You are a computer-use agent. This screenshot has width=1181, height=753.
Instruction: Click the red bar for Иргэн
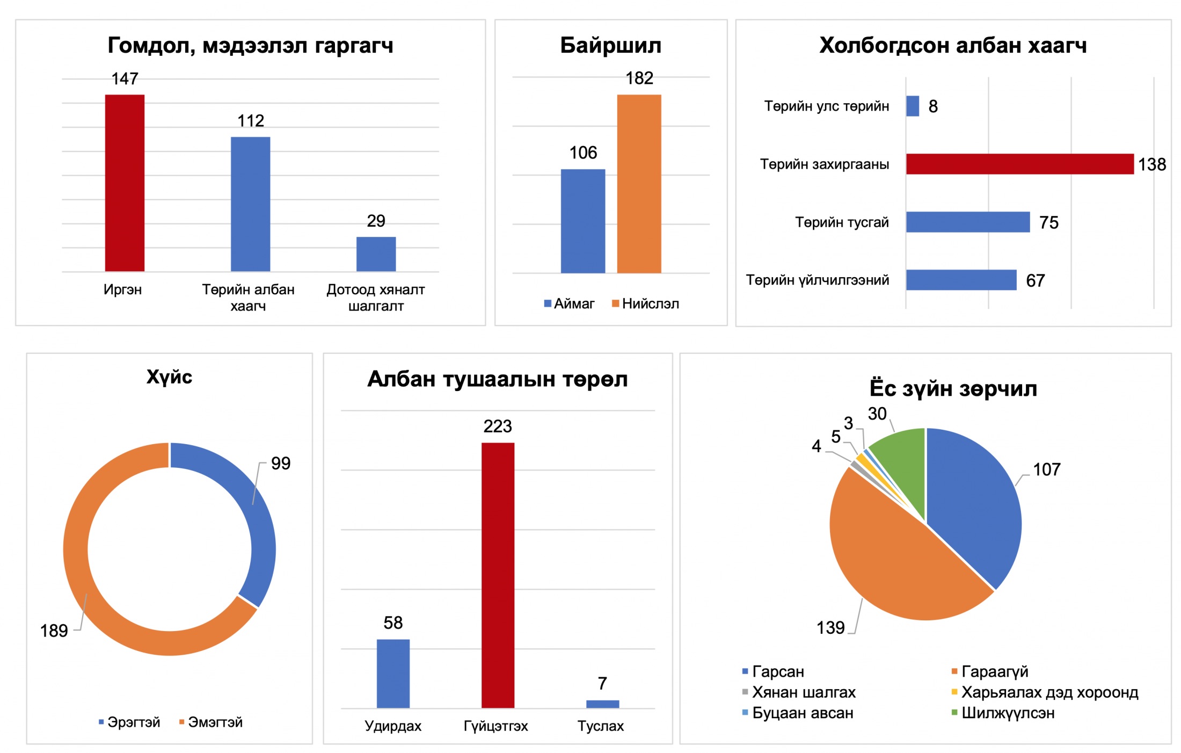point(125,183)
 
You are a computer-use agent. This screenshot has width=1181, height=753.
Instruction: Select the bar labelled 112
point(250,204)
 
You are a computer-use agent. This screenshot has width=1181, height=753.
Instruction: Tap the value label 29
point(376,221)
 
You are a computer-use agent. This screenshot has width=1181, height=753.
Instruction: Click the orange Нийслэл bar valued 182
point(639,184)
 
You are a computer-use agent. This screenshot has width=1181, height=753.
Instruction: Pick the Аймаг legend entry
point(569,304)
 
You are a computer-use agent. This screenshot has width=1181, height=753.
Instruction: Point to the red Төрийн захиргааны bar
point(1019,164)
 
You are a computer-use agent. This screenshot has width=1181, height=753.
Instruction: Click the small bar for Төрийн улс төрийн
point(912,106)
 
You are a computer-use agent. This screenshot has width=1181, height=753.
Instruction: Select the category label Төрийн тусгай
point(841,222)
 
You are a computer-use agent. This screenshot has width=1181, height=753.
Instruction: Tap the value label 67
point(1035,280)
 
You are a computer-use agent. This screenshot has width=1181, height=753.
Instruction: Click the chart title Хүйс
point(169,377)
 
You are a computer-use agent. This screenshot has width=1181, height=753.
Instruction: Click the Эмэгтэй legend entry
point(211,722)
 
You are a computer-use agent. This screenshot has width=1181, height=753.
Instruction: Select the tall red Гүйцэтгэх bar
point(498,575)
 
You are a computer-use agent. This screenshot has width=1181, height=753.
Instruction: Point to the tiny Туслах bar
point(602,704)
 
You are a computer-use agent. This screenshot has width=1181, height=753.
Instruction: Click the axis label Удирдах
point(393,726)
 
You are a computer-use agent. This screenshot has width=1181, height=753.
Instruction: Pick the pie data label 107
point(1046,469)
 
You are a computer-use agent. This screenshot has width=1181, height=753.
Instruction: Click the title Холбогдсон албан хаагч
point(953,46)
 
